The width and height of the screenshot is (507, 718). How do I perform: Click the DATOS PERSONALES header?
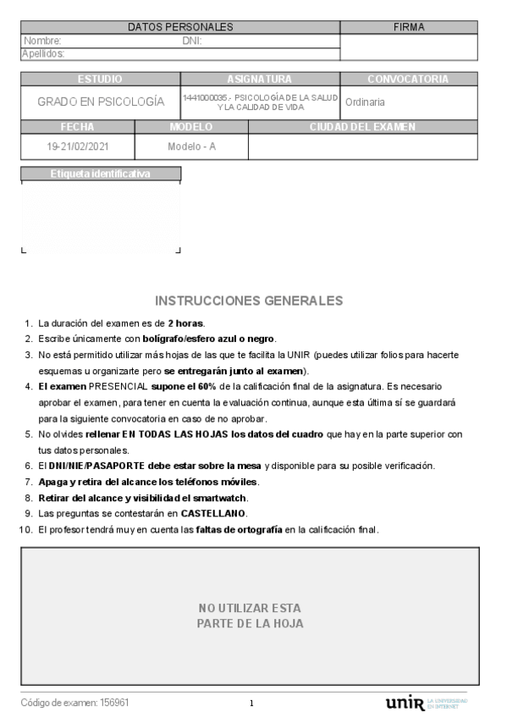pyautogui.click(x=180, y=27)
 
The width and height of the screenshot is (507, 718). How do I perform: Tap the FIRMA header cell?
pyautogui.click(x=409, y=27)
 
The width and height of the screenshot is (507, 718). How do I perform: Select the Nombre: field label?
pyautogui.click(x=42, y=41)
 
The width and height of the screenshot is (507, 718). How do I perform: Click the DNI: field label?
pyautogui.click(x=192, y=41)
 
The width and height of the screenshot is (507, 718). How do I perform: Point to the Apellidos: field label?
pyautogui.click(x=43, y=54)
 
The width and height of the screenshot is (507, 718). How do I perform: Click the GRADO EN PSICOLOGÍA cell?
pyautogui.click(x=101, y=102)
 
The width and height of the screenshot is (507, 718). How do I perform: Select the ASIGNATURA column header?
pyautogui.click(x=260, y=80)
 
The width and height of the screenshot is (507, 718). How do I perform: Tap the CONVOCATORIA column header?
pyautogui.click(x=408, y=80)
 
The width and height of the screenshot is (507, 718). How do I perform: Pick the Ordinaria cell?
pyautogui.click(x=365, y=102)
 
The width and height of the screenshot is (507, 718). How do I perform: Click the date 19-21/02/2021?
pyautogui.click(x=78, y=146)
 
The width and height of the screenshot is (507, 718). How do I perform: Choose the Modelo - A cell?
pyautogui.click(x=191, y=146)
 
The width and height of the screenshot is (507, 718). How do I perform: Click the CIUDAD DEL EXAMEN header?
pyautogui.click(x=362, y=127)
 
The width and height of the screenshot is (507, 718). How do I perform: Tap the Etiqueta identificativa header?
pyautogui.click(x=101, y=174)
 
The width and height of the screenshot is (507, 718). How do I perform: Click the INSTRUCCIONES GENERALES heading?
pyautogui.click(x=250, y=301)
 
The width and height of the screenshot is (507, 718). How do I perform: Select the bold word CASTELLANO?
pyautogui.click(x=213, y=514)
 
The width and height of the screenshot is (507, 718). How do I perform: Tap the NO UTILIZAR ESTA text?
pyautogui.click(x=250, y=608)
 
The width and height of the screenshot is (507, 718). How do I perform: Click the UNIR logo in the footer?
pyautogui.click(x=405, y=703)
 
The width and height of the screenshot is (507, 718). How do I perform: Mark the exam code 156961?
pyautogui.click(x=114, y=703)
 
